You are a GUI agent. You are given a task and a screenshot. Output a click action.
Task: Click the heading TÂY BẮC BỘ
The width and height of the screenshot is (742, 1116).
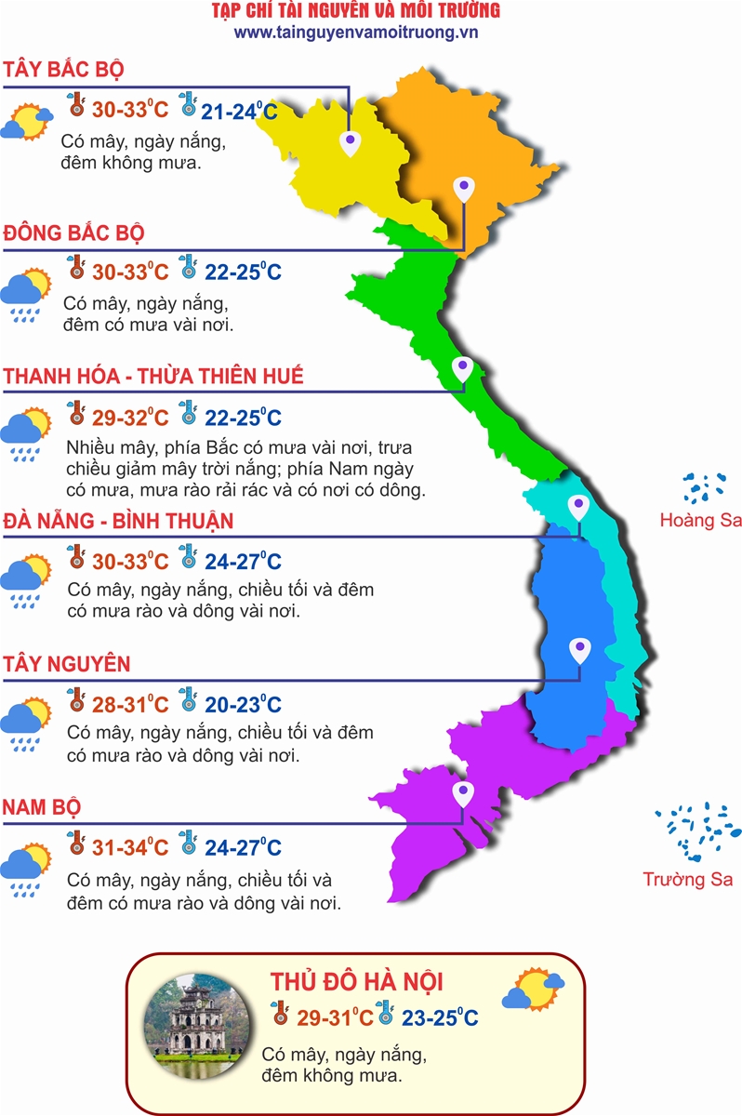pyautogui.click(x=64, y=71)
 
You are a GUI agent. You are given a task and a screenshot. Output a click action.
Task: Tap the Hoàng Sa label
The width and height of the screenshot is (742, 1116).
pyautogui.click(x=700, y=520)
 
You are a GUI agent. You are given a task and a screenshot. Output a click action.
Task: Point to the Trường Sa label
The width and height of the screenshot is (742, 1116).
pyautogui.click(x=688, y=879)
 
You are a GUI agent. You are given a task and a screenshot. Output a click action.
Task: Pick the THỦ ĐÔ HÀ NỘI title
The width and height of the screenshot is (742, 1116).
pyautogui.click(x=356, y=982)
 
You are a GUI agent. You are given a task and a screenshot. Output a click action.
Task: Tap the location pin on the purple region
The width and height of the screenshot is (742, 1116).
pyautogui.click(x=462, y=793)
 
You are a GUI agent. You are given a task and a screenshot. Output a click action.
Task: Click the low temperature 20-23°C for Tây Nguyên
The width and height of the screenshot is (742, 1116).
pyautogui.click(x=241, y=705)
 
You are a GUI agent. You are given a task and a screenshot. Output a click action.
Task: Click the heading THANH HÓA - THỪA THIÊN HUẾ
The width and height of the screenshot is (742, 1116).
pyautogui.click(x=153, y=377)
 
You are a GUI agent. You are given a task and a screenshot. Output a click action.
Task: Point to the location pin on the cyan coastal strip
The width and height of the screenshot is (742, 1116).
pyautogui.click(x=578, y=507)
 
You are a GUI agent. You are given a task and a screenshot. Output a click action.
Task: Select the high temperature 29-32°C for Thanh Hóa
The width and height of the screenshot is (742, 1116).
pyautogui.click(x=130, y=417)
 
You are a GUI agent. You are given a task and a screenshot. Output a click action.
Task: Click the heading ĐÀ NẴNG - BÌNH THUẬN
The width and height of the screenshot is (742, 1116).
pyautogui.click(x=118, y=520)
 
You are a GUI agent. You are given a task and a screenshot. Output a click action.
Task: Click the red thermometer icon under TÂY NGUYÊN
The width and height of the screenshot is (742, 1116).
pyautogui.click(x=77, y=700)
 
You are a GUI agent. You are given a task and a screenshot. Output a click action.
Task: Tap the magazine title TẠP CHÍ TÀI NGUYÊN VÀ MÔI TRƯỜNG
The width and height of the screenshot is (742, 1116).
pyautogui.click(x=356, y=11)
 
